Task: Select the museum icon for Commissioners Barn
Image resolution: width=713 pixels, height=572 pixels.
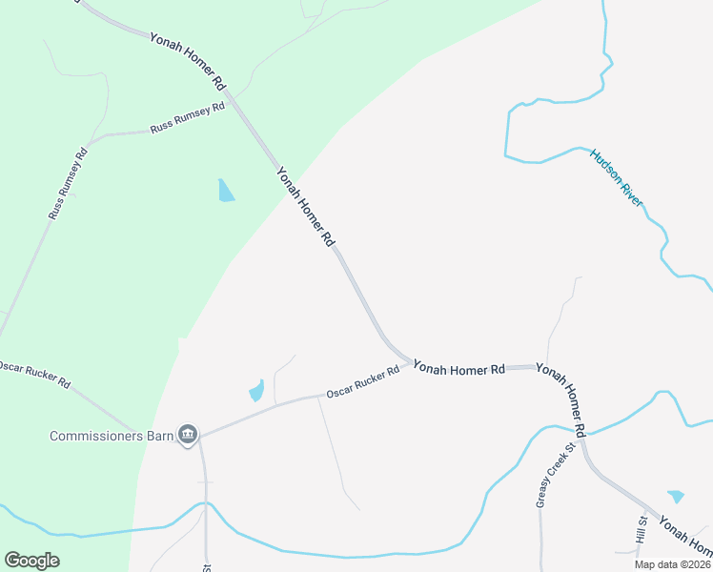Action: [x=188, y=436]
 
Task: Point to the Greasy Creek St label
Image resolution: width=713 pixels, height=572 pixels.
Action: [x=557, y=475]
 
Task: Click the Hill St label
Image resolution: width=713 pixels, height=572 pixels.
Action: [x=642, y=532]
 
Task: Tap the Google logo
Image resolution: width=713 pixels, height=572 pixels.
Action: [x=32, y=560]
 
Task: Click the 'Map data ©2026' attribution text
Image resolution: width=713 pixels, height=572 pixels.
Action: [x=672, y=564]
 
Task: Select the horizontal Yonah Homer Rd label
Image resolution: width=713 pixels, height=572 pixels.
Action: [x=458, y=368]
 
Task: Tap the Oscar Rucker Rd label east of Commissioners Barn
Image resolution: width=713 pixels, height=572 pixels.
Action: [x=362, y=383]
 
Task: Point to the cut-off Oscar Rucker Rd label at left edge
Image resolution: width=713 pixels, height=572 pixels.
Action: [x=35, y=374]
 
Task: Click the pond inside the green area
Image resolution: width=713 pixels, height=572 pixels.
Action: [x=225, y=191]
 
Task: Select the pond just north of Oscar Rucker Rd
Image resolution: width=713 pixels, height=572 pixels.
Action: [x=256, y=391]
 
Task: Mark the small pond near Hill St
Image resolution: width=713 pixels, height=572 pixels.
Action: [x=676, y=496]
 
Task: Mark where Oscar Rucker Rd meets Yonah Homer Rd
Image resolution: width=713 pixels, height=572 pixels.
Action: [x=411, y=363]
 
